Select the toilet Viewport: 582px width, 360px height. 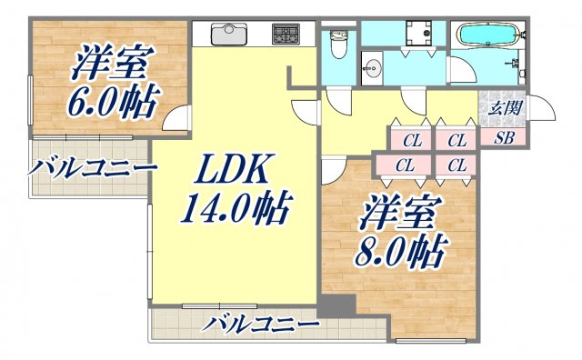(338, 43)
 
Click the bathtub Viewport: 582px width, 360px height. (489, 35)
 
